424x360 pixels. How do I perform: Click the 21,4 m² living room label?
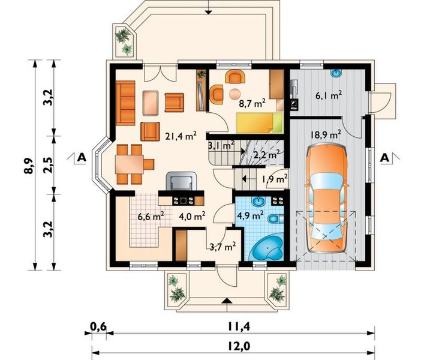(181, 136)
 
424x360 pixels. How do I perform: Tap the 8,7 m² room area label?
(252, 103)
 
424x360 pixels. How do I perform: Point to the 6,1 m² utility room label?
(329, 94)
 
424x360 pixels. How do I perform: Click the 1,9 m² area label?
(274, 178)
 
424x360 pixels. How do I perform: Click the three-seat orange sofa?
(126, 104)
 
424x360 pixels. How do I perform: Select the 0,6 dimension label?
(98, 326)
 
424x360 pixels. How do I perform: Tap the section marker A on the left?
(80, 158)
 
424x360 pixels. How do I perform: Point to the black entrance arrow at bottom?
(226, 300)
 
